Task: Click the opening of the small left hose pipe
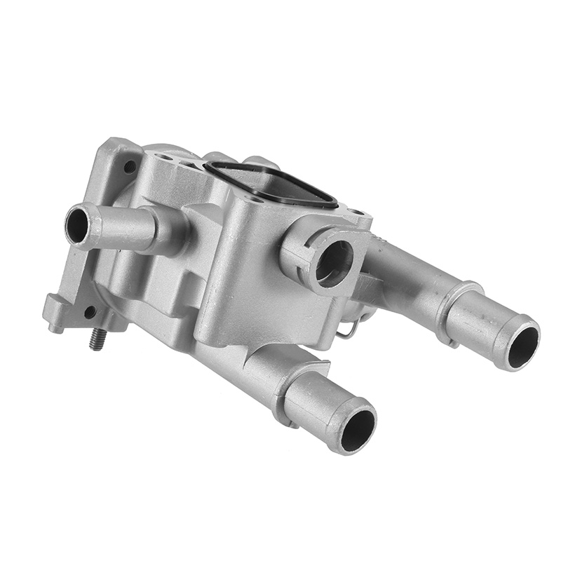(x=76, y=224)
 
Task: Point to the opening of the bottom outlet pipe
(x=358, y=428)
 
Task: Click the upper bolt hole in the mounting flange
(x=130, y=167)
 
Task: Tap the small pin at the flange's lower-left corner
(x=52, y=327)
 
